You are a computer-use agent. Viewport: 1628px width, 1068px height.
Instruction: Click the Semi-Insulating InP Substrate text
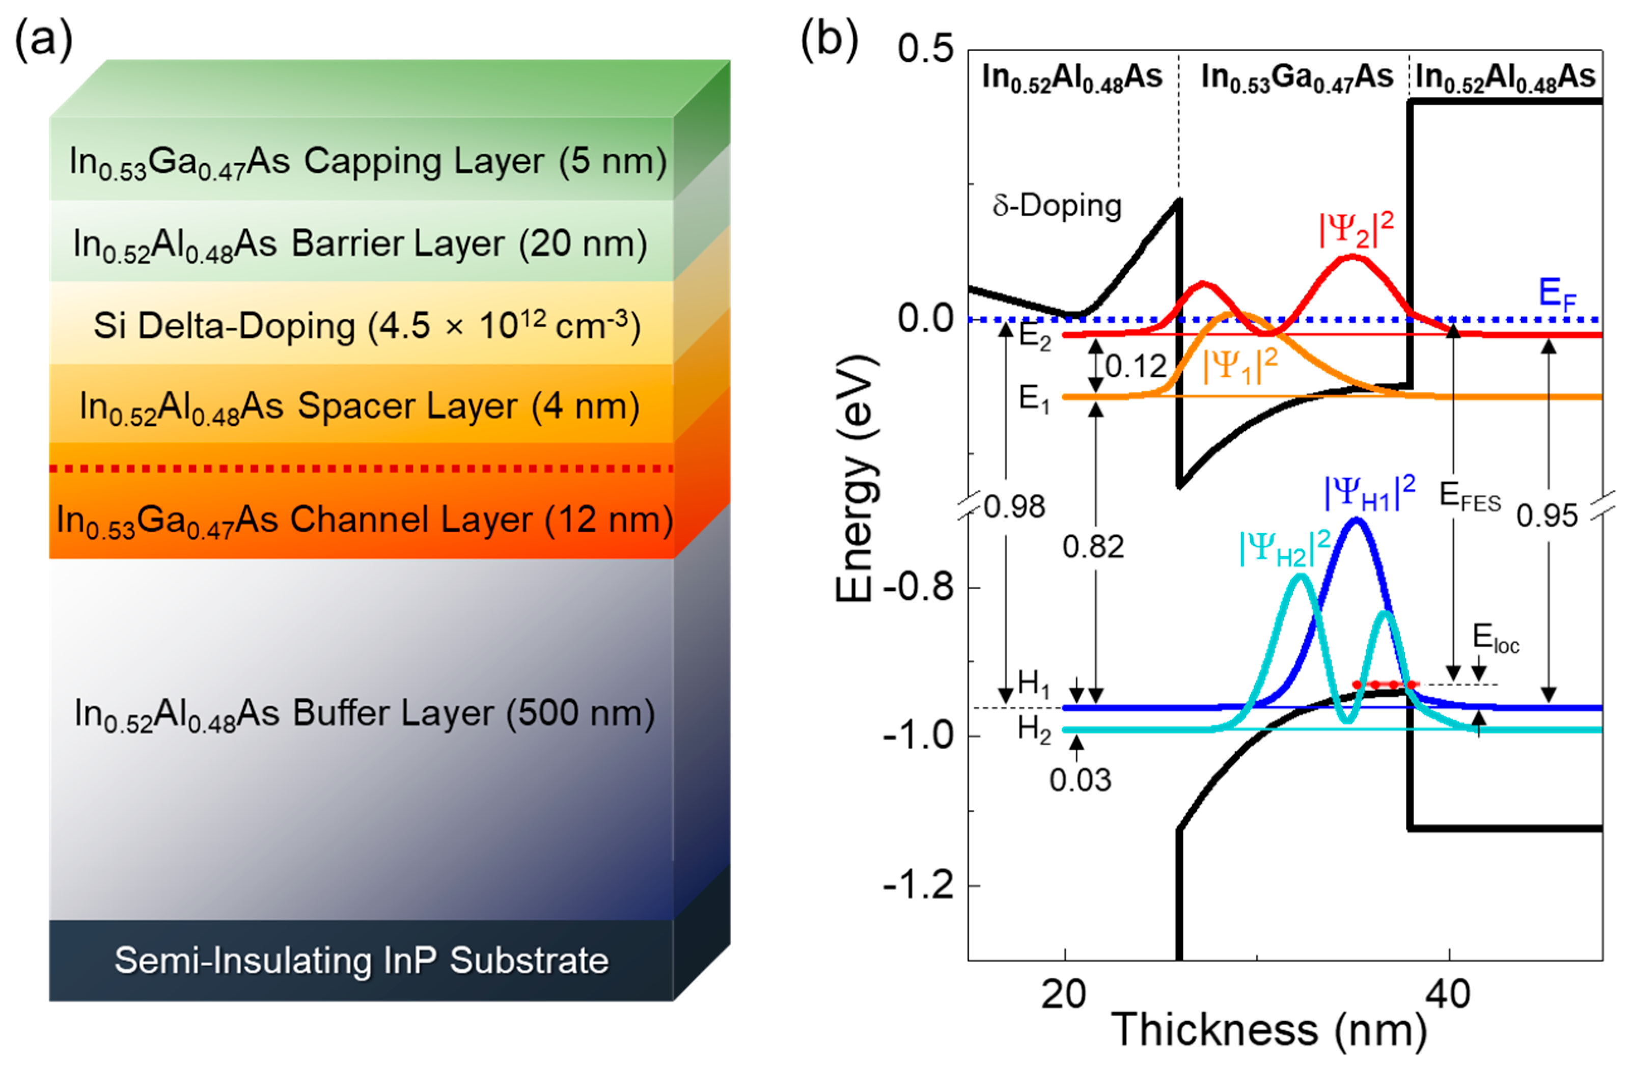point(361,960)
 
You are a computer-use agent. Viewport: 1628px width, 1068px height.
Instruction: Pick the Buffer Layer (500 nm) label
point(365,714)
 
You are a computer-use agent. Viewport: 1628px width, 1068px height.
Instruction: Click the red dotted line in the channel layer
point(361,469)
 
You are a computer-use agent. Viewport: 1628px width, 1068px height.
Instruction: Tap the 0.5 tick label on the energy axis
point(925,49)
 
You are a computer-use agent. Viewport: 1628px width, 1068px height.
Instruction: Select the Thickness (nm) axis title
point(1269,1030)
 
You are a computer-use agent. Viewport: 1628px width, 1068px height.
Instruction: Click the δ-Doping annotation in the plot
point(1057,205)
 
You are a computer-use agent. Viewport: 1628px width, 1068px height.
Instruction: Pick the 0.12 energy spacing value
point(1136,367)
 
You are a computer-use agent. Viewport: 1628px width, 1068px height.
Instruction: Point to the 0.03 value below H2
point(1080,780)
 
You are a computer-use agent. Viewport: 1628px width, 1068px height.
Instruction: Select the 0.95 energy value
point(1547,516)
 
